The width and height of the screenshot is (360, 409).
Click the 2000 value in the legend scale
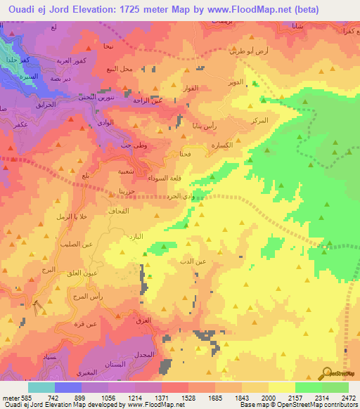coord(268,398)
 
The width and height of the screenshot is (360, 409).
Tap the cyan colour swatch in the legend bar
coord(41,387)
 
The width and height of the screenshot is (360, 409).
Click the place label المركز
coord(259,121)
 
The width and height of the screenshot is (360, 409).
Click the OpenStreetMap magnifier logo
coord(327,373)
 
